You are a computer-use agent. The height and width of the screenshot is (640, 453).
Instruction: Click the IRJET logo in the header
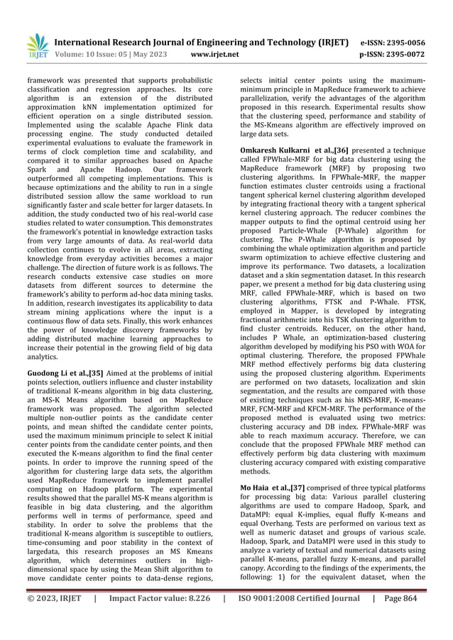click(x=37, y=46)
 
